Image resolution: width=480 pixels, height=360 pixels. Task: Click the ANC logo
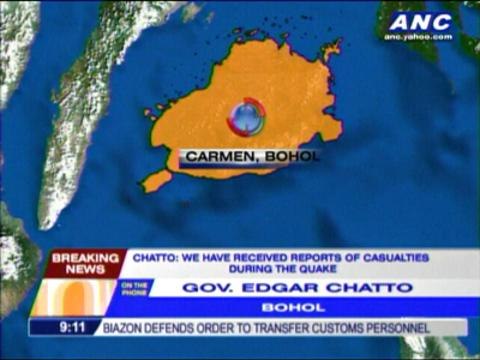[420, 21]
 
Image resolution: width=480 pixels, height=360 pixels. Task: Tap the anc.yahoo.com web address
[420, 37]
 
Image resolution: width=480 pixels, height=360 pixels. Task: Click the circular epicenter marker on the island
[246, 117]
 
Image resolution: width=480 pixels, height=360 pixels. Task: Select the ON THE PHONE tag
[136, 288]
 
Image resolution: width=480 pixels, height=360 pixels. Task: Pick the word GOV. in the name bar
[204, 288]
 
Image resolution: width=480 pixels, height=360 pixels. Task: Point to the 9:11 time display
[56, 327]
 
